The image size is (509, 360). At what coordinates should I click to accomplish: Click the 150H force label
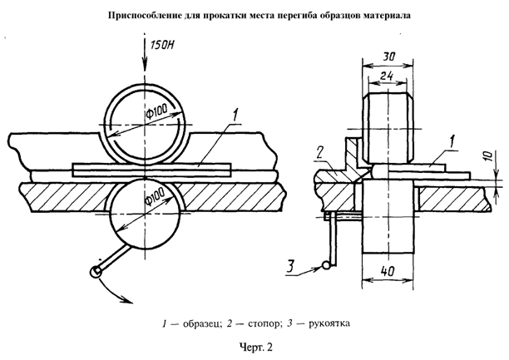pos(162,44)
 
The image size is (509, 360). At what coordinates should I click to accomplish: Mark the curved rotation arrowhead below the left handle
pos(127,301)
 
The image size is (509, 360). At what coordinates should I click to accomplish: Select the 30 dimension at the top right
pos(388,57)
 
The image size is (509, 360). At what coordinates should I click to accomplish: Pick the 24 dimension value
pos(386,76)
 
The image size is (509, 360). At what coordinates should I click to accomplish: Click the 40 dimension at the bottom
pos(388,271)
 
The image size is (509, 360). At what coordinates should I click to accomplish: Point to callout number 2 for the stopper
pos(319,152)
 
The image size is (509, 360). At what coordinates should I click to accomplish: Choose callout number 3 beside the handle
pos(290,266)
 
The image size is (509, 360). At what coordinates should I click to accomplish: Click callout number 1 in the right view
pos(452,142)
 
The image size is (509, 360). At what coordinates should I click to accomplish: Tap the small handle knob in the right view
pos(325,266)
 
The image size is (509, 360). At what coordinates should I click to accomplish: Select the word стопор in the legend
pos(263,323)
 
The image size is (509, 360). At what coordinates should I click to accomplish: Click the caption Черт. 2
pos(256,348)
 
